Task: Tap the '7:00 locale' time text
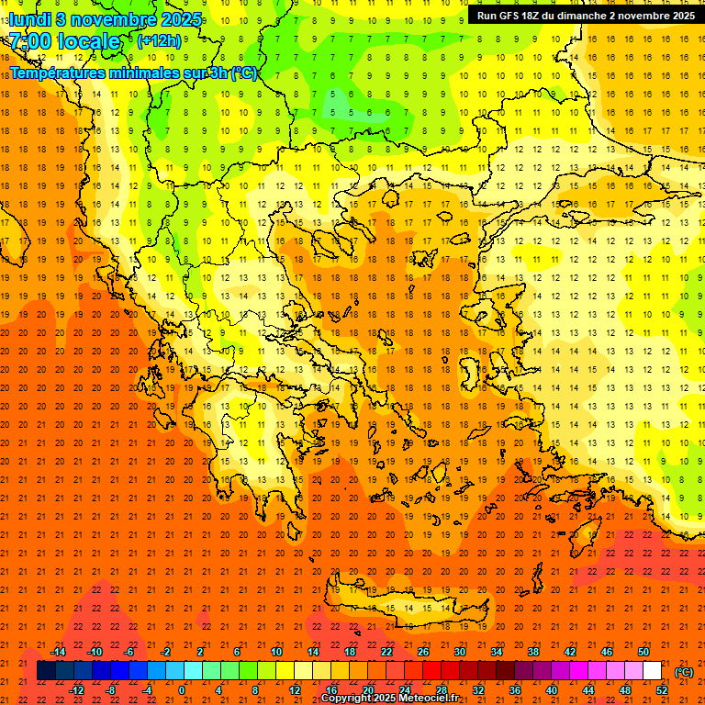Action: click(x=64, y=41)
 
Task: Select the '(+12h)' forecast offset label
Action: click(x=159, y=41)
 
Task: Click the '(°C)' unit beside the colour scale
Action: click(x=684, y=672)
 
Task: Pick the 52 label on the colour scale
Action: click(x=662, y=690)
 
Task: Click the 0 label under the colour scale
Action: click(x=182, y=690)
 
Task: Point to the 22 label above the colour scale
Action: click(x=386, y=652)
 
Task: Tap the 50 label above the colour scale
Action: click(x=643, y=652)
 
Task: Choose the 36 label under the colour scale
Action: click(x=514, y=690)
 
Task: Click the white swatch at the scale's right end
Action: click(x=653, y=671)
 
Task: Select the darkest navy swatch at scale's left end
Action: click(x=46, y=671)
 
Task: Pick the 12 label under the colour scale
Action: click(x=294, y=690)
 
